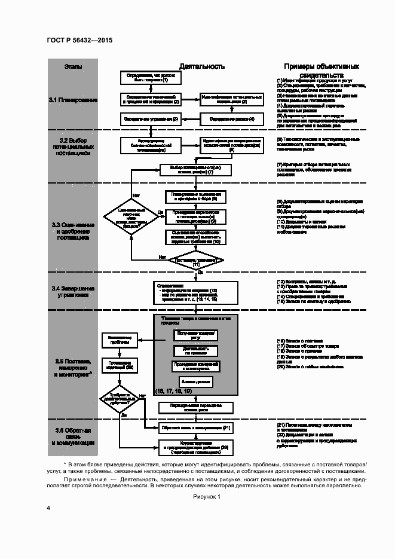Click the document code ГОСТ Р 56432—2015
(79, 40)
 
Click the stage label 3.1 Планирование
(73, 100)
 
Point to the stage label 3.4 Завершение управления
(73, 292)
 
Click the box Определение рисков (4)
(232, 119)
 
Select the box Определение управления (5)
(151, 119)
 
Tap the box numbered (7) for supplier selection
(195, 169)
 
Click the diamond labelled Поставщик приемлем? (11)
(195, 261)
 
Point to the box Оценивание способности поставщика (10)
(195, 236)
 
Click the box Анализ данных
(195, 381)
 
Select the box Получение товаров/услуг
(195, 335)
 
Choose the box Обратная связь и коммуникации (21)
(195, 428)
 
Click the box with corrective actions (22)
(195, 448)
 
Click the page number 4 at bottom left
(48, 508)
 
